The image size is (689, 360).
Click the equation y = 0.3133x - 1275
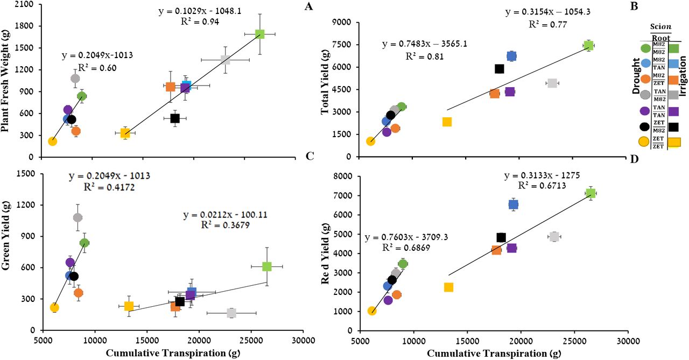[x=545, y=176]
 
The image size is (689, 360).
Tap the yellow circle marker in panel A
[x=52, y=142]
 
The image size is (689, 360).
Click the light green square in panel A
[x=260, y=34]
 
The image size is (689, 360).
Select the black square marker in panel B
[x=499, y=69]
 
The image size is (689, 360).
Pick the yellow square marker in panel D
[x=448, y=287]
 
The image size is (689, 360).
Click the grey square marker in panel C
[x=231, y=313]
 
